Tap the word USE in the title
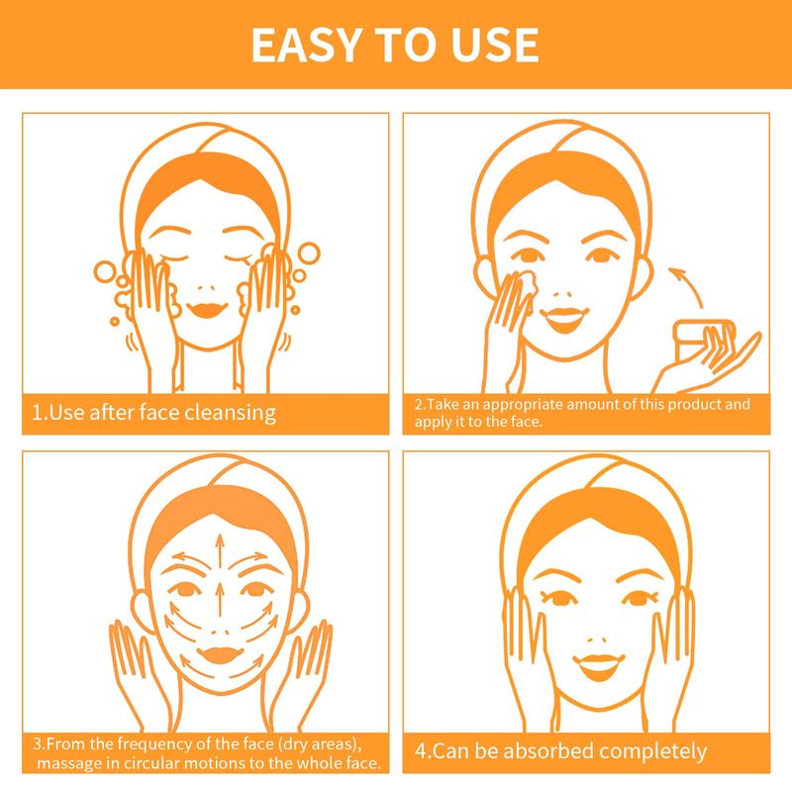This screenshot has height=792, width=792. (495, 45)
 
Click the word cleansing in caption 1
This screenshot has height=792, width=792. (230, 413)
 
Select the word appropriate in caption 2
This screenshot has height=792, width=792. (524, 405)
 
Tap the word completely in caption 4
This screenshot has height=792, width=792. (653, 752)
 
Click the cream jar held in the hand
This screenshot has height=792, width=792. (705, 341)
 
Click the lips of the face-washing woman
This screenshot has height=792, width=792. (207, 309)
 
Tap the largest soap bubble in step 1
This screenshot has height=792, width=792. (309, 253)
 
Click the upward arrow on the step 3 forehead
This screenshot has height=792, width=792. (219, 551)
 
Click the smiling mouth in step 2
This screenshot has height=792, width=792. (564, 319)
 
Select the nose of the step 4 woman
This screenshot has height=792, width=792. (597, 640)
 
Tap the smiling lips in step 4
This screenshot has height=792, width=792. (599, 666)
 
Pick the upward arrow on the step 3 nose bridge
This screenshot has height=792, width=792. (219, 600)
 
